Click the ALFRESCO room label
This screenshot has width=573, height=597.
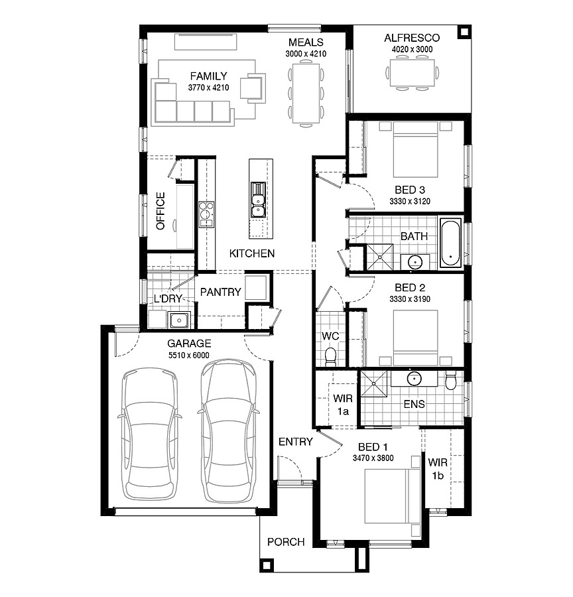(x=411, y=38)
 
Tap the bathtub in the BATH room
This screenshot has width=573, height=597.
(x=451, y=242)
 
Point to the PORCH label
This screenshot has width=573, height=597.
(x=286, y=542)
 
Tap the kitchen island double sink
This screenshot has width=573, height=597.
(x=258, y=201)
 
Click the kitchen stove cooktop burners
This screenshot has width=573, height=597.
(x=206, y=214)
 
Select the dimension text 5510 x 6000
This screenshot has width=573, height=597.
(x=189, y=355)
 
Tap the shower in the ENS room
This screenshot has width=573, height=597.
(x=375, y=385)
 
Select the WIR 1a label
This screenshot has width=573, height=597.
(x=343, y=405)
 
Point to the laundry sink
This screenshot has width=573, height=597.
(x=178, y=321)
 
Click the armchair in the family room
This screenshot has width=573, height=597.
(x=251, y=87)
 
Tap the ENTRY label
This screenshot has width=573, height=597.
(x=295, y=442)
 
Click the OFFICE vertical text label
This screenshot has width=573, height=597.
(x=160, y=211)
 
